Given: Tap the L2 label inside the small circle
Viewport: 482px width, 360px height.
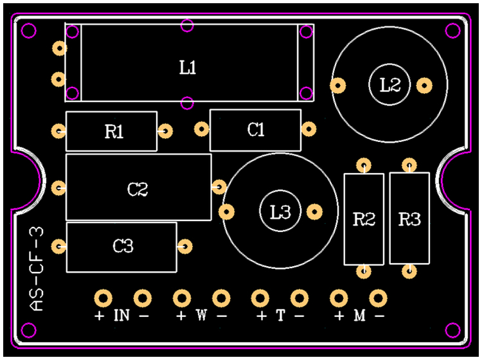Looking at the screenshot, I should pos(390,84).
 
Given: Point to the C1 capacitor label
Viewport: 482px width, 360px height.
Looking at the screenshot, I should pos(256,130).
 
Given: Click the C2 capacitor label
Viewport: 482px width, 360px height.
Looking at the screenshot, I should pos(137,189).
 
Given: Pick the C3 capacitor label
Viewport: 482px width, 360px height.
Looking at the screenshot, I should pos(123,246).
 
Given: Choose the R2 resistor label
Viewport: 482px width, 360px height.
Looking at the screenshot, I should pos(364,220).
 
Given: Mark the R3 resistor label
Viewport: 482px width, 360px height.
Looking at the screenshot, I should pos(409,220).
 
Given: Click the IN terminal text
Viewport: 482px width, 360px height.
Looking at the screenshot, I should pos(122,316).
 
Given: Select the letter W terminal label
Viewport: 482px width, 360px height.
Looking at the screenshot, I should pos(201,316).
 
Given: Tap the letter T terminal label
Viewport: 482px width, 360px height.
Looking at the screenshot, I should pos(280,316).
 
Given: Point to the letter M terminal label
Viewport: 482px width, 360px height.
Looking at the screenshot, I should pos(359,316).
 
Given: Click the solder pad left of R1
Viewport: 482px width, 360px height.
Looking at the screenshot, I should pos(58,131).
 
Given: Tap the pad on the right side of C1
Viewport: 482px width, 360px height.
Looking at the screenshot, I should pos(309,129).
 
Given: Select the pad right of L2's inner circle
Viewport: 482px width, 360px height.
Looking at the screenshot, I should pos(424,84).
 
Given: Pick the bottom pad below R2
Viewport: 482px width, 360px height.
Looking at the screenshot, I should pos(364,271).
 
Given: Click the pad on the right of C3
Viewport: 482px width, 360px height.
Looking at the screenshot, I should pos(186,246).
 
